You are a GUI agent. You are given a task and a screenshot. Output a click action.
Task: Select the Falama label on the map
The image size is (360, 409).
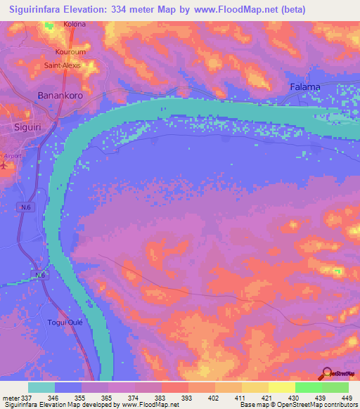(x=305, y=87)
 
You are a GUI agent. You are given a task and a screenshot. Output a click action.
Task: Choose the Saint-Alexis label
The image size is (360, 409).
(x=63, y=65)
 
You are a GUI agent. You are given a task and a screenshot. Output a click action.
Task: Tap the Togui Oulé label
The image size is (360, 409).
(x=65, y=321)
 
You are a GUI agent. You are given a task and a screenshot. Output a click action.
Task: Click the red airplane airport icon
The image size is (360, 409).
(x=3, y=166)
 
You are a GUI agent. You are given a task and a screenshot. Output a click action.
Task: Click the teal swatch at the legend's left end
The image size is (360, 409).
(x=41, y=387)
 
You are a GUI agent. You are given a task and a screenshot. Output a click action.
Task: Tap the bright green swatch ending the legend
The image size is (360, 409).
(x=335, y=387)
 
